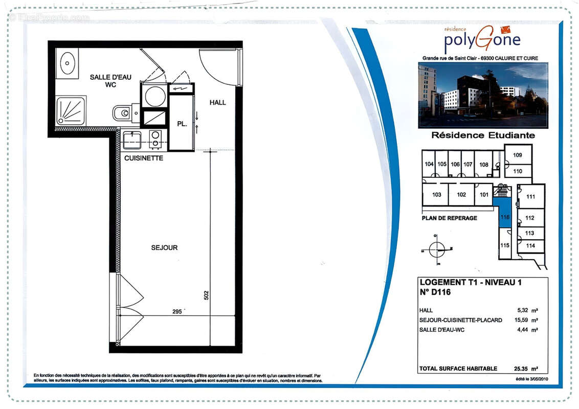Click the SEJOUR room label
tap(164, 247)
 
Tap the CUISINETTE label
tap(144, 158)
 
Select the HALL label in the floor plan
tap(217, 103)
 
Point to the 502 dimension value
tap(206, 296)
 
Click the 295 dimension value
tap(177, 311)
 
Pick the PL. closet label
tap(182, 124)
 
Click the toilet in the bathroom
tap(122, 112)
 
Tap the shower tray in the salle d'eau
tap(71, 111)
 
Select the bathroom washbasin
tap(68, 63)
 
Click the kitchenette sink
tap(132, 140)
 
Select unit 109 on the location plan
tap(518, 155)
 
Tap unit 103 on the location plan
tap(436, 195)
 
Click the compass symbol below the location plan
tap(437, 249)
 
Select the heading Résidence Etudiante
tap(483, 135)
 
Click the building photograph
tap(483, 95)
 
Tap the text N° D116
tap(435, 293)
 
